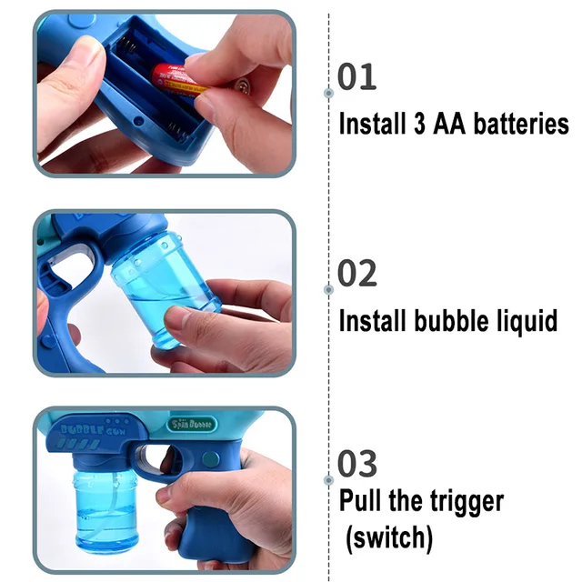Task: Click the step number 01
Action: click(356, 78)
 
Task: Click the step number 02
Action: click(357, 274)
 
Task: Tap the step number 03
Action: click(357, 464)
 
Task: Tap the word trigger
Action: click(457, 502)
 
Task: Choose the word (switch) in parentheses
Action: click(389, 537)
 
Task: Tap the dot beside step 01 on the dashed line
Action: click(328, 93)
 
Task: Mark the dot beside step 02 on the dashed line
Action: click(328, 289)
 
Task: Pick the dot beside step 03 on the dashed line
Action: click(328, 479)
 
